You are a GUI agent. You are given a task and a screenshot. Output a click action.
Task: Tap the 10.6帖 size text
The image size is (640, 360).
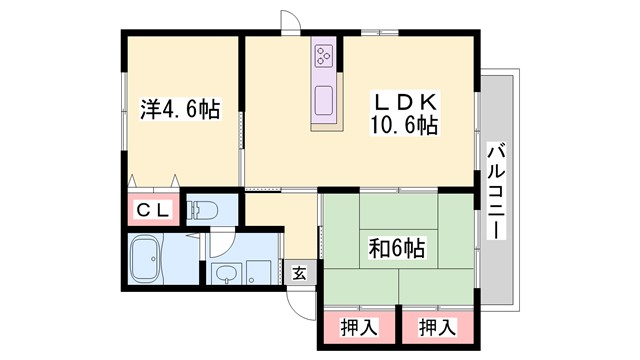click(x=406, y=125)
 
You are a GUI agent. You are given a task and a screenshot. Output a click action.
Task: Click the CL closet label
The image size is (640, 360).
click(x=152, y=210)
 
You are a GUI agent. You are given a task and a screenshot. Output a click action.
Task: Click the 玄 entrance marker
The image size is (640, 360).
click(x=298, y=272)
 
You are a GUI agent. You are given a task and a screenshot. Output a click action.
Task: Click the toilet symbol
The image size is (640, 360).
click(x=206, y=210)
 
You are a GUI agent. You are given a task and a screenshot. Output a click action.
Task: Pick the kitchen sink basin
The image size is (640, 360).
click(x=326, y=101)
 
